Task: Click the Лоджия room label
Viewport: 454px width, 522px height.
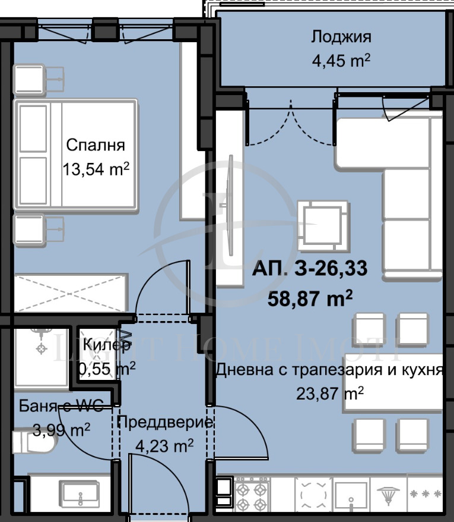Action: point(341,37)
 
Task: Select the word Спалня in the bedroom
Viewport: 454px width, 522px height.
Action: point(96,146)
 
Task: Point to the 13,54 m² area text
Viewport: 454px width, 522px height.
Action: point(96,169)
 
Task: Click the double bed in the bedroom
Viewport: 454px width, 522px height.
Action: point(76,155)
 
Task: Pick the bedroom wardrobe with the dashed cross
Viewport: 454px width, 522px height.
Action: point(71,293)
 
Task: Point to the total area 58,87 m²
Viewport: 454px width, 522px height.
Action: point(310,297)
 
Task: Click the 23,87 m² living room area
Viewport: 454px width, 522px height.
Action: point(329,393)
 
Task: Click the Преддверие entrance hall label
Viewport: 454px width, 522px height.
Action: point(164,423)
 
